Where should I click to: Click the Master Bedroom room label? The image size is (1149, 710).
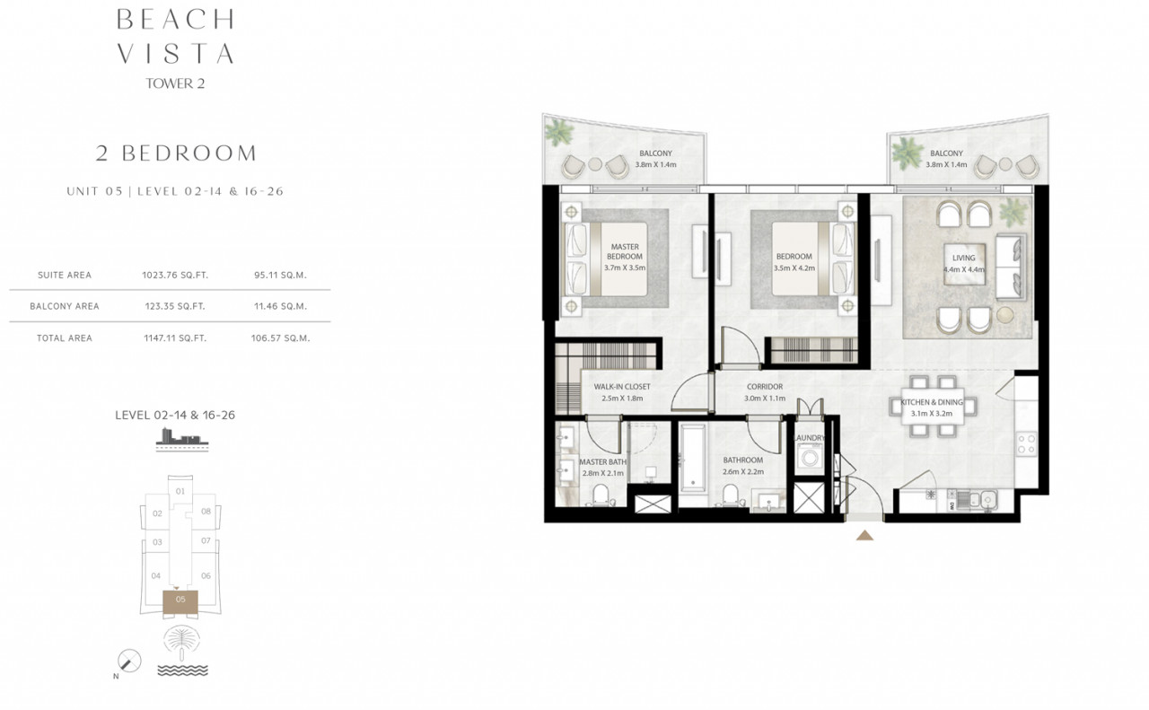[625, 251]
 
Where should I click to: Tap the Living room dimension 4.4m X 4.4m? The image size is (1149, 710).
[964, 269]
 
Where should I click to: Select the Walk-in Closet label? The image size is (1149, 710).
[622, 387]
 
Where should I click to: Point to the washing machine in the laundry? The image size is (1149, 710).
[810, 456]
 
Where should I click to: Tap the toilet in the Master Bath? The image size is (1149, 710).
[601, 495]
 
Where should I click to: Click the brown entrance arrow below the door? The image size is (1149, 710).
[864, 535]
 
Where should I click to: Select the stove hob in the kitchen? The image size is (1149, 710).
[1027, 444]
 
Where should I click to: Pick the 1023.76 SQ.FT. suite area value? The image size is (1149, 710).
[175, 275]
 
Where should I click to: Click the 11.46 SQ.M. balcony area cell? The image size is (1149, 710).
[280, 306]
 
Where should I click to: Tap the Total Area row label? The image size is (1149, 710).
[65, 338]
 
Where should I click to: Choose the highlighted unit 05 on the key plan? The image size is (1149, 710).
[180, 602]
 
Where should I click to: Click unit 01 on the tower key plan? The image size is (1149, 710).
[180, 491]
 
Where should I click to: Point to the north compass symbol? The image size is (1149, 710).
[128, 661]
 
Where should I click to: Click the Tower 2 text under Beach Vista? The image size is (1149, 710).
[175, 83]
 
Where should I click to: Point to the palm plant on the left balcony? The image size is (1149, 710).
[558, 132]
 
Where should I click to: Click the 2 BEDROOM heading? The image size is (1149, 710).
[176, 153]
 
